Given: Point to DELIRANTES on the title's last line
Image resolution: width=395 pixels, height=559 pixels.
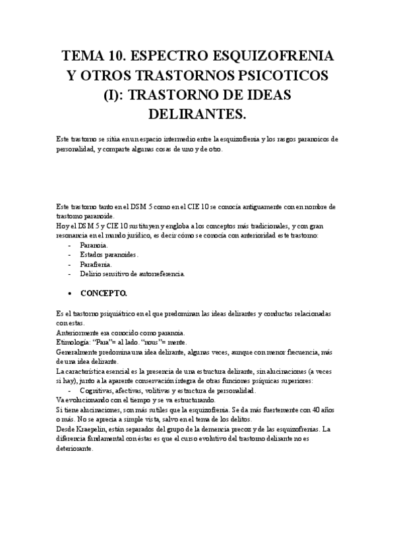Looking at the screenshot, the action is click(197, 115).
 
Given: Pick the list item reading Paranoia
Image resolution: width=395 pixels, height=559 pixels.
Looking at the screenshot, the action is click(94, 245).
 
